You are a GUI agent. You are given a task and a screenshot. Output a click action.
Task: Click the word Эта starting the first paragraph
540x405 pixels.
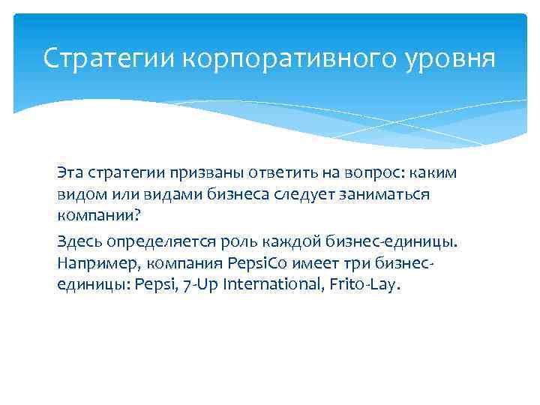70,172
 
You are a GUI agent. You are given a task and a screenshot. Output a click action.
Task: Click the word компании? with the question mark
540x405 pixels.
98,215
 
